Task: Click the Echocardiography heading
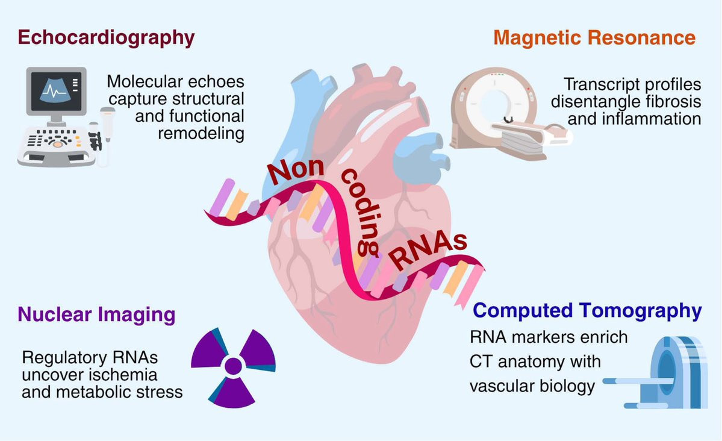click(107, 38)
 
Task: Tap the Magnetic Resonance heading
click(594, 38)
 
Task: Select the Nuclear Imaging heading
click(97, 314)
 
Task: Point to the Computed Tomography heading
click(587, 311)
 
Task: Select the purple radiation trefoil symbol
click(232, 364)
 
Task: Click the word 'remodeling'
click(201, 133)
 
